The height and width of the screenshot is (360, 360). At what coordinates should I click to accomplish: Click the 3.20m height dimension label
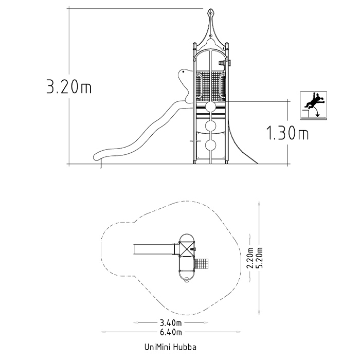coord(69,86)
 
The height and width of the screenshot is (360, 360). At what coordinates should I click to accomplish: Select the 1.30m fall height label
coord(287,133)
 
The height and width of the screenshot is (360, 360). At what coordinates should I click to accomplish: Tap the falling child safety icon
coord(314,105)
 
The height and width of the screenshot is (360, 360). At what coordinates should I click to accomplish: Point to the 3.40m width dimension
coord(171,323)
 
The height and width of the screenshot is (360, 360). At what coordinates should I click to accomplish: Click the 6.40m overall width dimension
coord(171,332)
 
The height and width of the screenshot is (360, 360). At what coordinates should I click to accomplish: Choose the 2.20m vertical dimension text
coord(250,258)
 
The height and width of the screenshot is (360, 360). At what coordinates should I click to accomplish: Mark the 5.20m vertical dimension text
coord(259,258)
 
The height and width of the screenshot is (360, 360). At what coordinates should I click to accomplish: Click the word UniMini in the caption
coord(157,347)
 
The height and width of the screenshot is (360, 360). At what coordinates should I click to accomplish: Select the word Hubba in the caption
coord(185,347)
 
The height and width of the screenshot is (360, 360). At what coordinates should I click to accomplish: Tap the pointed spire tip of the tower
coord(210,9)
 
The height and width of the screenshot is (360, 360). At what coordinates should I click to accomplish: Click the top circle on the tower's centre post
coord(210,107)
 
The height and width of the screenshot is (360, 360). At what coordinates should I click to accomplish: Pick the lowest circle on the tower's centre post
coord(210,145)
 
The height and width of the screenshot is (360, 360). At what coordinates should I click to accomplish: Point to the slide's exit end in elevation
coord(97,156)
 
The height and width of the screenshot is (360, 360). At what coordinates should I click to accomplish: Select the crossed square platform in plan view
coord(187,249)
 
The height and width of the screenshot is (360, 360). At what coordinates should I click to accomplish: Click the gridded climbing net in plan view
coord(202,263)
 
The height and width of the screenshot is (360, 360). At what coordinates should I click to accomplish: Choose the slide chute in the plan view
coord(154,249)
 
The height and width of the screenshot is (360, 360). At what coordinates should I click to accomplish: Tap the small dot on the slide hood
coord(183,72)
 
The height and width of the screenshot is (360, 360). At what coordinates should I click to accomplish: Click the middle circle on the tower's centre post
coord(210,126)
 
